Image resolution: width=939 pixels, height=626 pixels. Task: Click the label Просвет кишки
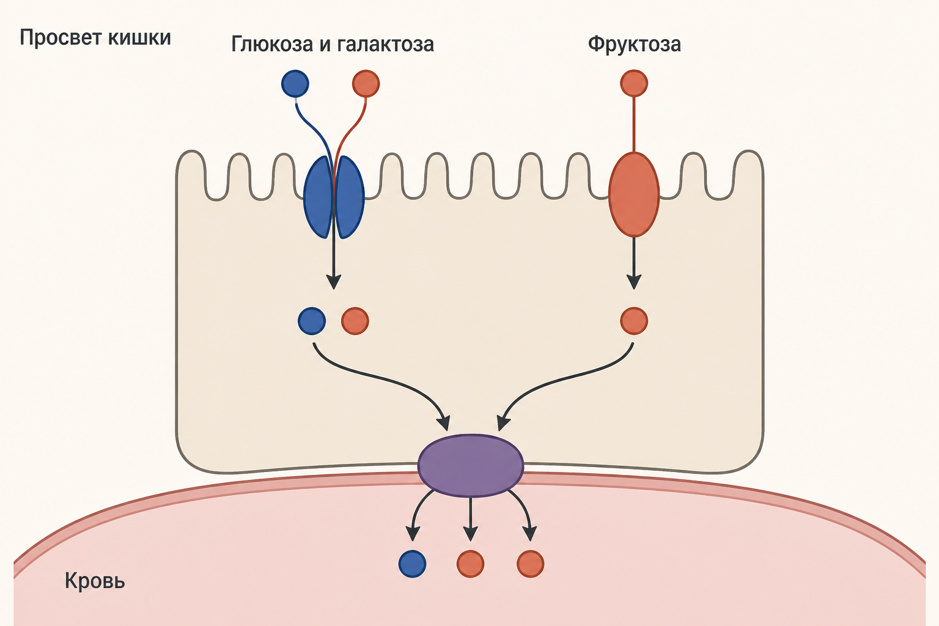[x=95, y=38]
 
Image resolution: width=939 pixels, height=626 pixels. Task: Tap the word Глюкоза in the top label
[x=272, y=45]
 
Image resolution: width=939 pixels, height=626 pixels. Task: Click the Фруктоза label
[x=634, y=45]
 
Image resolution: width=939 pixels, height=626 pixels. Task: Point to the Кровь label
[x=95, y=581]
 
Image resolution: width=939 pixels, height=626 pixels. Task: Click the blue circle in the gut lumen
[x=295, y=84]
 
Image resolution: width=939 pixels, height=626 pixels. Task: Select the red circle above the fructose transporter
[x=634, y=83]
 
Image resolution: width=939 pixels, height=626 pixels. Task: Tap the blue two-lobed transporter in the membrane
[x=334, y=197]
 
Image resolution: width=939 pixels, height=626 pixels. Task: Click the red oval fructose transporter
[x=634, y=194]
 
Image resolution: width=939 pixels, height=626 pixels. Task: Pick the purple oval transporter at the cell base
[x=471, y=465]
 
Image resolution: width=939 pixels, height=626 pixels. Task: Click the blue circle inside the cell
[x=311, y=321]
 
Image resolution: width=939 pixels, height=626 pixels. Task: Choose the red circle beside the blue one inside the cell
[x=355, y=321]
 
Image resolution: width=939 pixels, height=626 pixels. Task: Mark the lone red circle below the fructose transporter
[x=634, y=321]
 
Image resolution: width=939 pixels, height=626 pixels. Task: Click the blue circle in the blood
[x=413, y=564]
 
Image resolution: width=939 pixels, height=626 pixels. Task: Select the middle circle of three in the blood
[x=470, y=564]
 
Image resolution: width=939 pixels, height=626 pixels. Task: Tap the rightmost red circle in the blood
[x=530, y=564]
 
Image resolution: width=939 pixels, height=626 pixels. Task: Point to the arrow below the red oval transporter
[x=634, y=263]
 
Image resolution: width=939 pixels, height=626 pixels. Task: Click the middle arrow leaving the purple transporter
[x=470, y=519]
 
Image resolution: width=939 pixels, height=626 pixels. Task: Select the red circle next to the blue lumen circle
[x=366, y=84]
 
